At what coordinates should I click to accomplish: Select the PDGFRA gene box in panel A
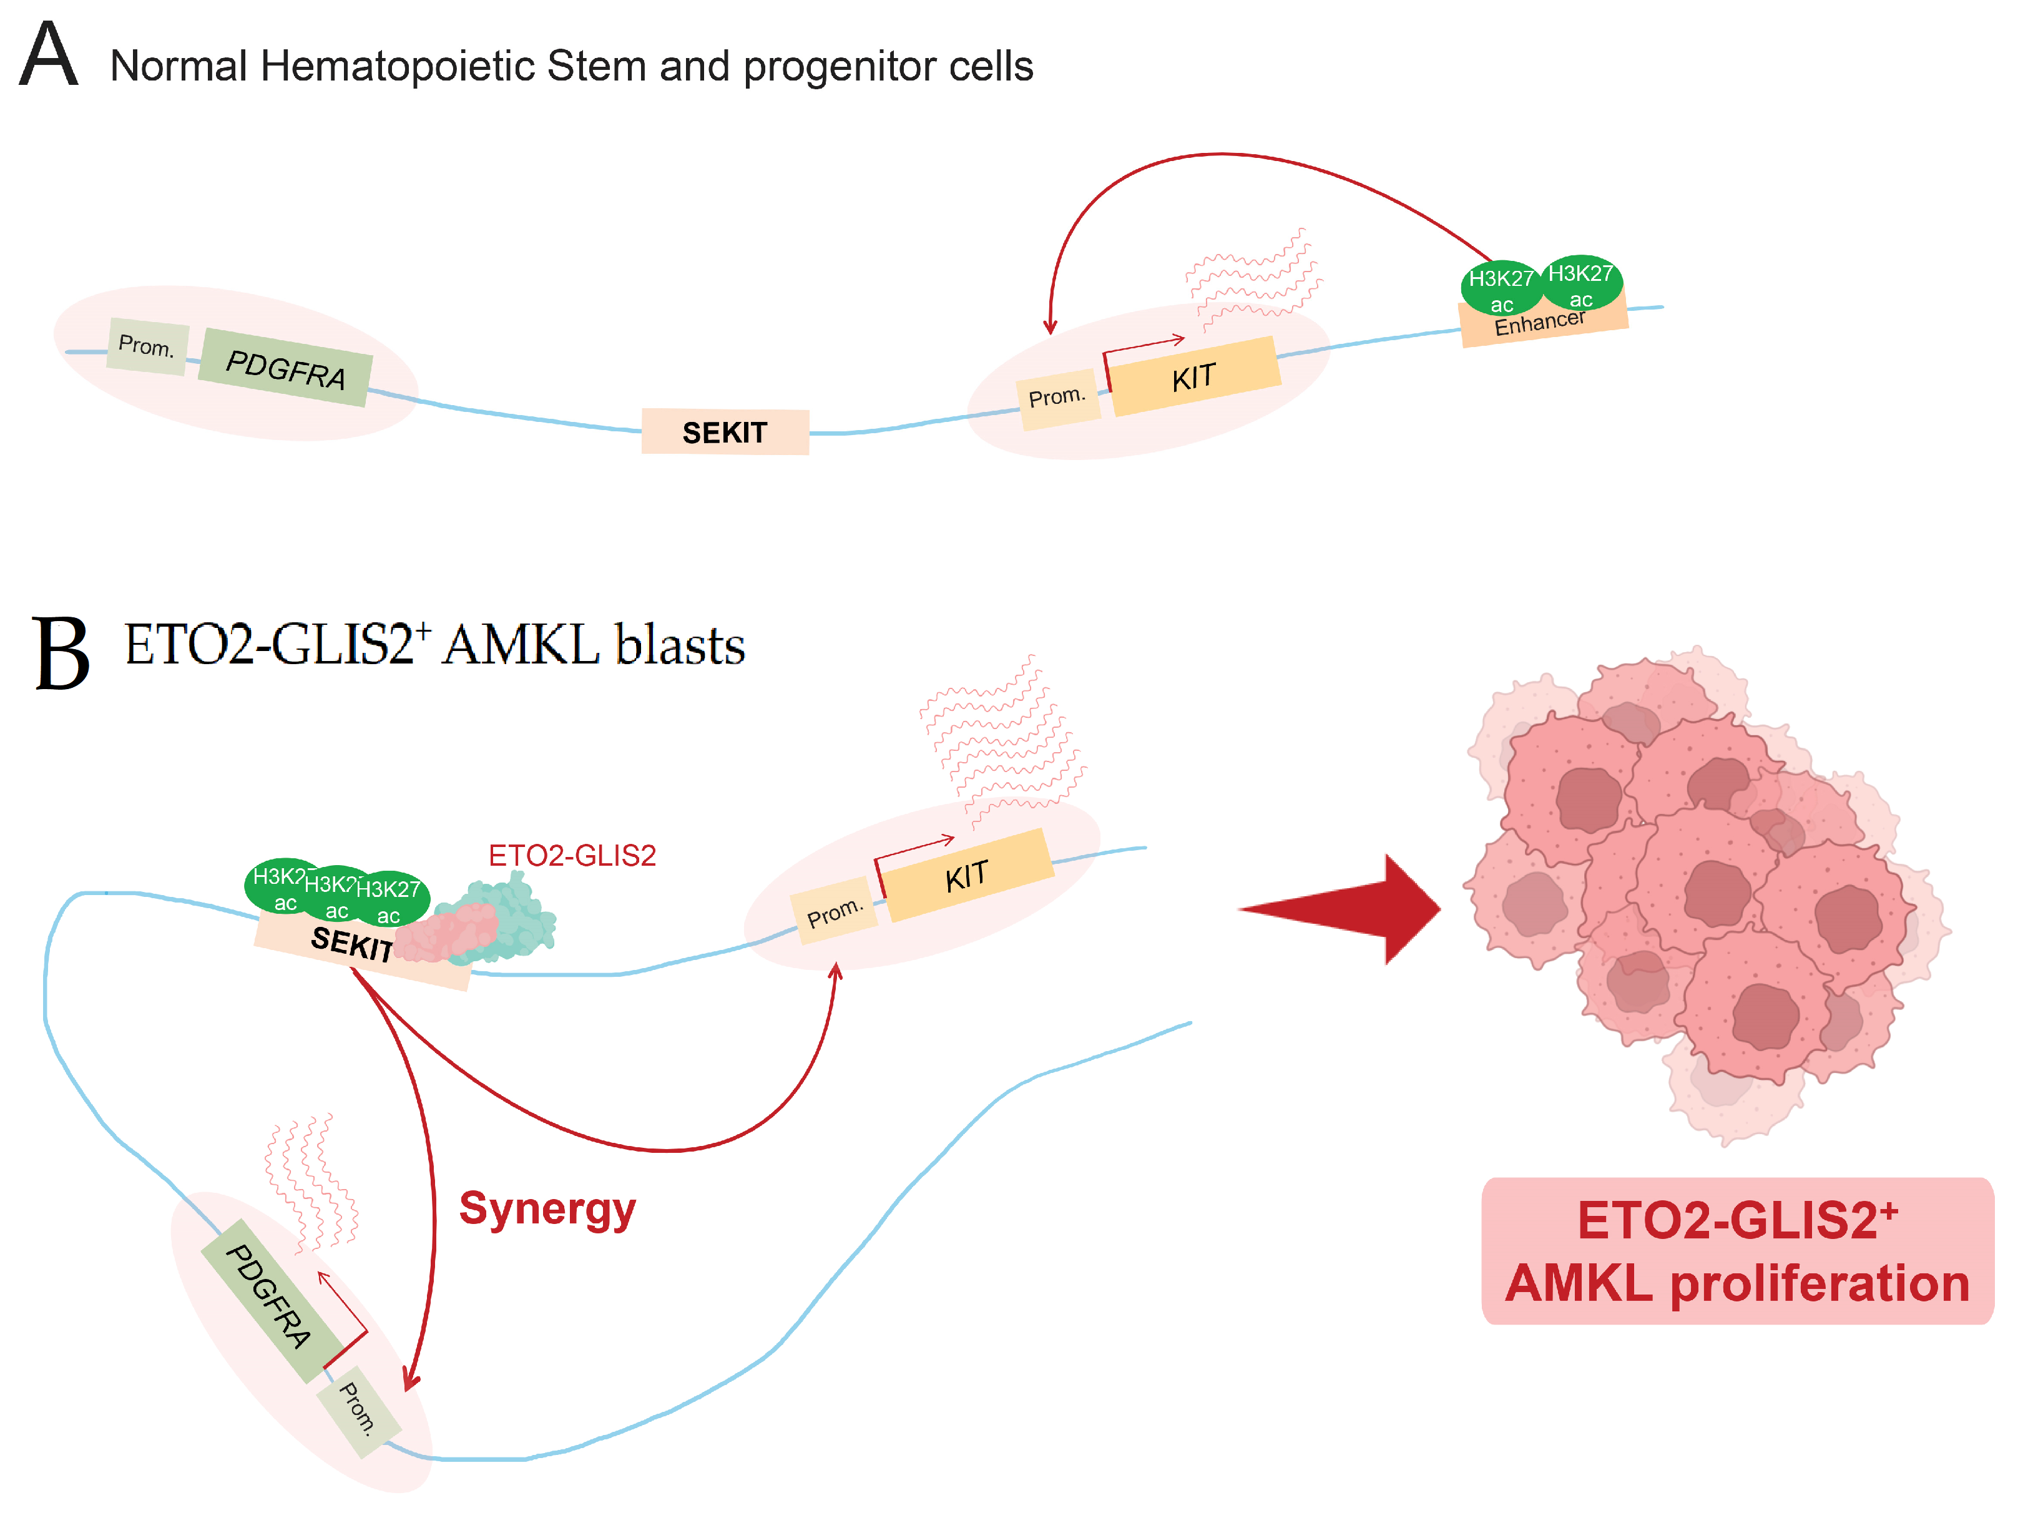(x=285, y=368)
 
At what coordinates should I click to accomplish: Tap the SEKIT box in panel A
(x=724, y=432)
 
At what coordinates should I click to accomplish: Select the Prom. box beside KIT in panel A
(x=1057, y=398)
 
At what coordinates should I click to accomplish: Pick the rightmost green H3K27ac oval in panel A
(x=1581, y=283)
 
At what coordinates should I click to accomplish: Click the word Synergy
(x=547, y=1209)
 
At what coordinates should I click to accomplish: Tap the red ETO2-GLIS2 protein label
(x=572, y=855)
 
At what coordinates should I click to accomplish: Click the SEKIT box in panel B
(x=352, y=944)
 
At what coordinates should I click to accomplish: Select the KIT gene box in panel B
(x=967, y=876)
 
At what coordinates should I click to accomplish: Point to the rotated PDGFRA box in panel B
(x=268, y=1298)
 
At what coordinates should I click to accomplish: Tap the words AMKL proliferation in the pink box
(x=1736, y=1283)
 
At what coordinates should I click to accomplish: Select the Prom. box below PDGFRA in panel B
(x=358, y=1409)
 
